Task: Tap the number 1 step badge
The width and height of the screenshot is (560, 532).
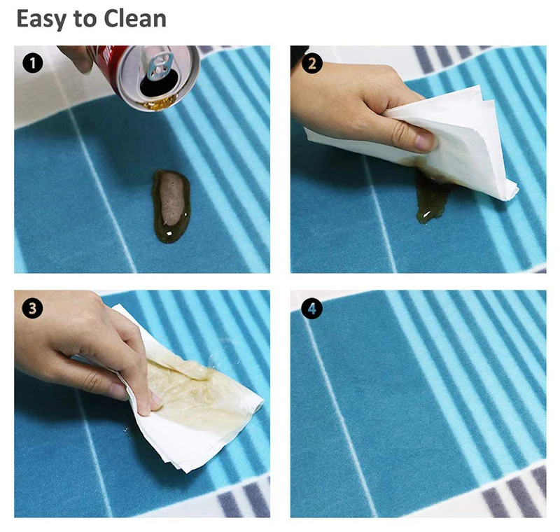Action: point(32,64)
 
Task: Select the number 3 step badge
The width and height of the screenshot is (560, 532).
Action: point(32,309)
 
